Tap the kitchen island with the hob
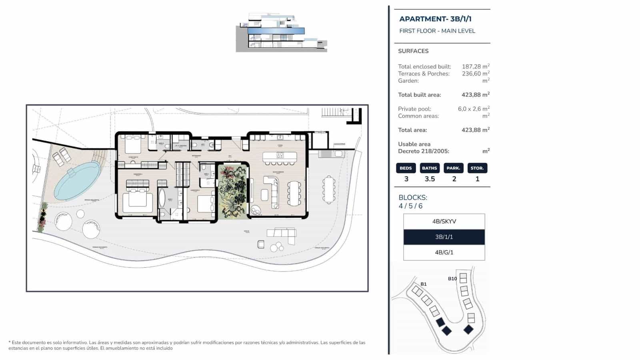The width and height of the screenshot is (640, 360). pos(280,156)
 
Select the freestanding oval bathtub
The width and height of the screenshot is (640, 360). pos(162,199)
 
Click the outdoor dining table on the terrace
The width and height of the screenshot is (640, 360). pos(329,189)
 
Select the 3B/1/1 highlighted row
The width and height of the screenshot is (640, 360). pos(444,237)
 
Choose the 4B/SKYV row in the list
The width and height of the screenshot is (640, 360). pos(444,221)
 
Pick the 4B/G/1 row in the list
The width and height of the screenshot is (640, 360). pos(444,252)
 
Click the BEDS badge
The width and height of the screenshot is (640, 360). pos(406,168)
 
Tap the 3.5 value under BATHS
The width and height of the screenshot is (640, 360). pos(430,179)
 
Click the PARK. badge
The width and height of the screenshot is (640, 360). pos(454,168)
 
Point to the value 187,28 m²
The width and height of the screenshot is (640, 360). pos(475,66)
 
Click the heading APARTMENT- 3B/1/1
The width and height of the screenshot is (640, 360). pos(435,19)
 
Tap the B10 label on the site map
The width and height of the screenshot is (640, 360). pos(452,279)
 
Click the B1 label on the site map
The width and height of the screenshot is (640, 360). pos(423,284)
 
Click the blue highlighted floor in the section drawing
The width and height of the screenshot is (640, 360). pos(276,31)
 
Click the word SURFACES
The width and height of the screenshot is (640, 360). pos(413,51)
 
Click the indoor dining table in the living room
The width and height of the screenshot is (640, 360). pos(294,193)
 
